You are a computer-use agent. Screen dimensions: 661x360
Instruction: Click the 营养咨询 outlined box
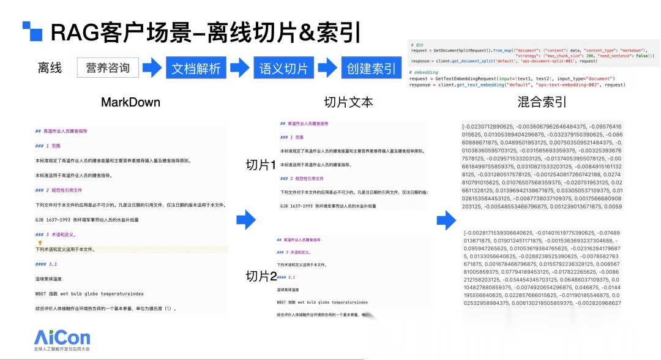tap(108, 68)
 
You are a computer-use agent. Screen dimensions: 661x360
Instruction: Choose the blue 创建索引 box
tap(372, 68)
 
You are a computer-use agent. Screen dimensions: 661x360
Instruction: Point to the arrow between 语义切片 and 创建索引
tap(328, 68)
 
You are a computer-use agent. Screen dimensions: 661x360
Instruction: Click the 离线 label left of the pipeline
tap(50, 68)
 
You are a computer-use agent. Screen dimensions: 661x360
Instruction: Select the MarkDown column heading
tap(130, 102)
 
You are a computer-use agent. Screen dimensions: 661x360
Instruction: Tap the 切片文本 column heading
tap(348, 102)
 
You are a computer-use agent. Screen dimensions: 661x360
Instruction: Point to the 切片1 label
tap(261, 165)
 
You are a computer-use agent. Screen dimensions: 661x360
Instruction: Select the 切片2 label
tap(261, 276)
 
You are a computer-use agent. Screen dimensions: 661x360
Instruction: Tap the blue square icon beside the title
tap(32, 32)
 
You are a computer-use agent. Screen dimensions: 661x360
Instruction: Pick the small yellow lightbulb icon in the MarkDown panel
tap(40, 243)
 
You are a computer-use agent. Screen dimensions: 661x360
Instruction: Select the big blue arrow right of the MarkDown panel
tap(246, 219)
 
